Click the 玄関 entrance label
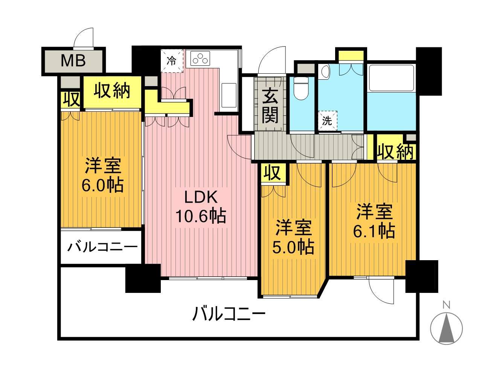coord(270,106)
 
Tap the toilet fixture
coord(300,88)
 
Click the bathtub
coord(391,77)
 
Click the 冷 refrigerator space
coord(172,61)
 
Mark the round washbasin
coord(325,71)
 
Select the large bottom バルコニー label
coord(229,314)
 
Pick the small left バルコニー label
coord(102,248)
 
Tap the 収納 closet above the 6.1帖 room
coord(395,152)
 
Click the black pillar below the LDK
coord(143,278)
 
